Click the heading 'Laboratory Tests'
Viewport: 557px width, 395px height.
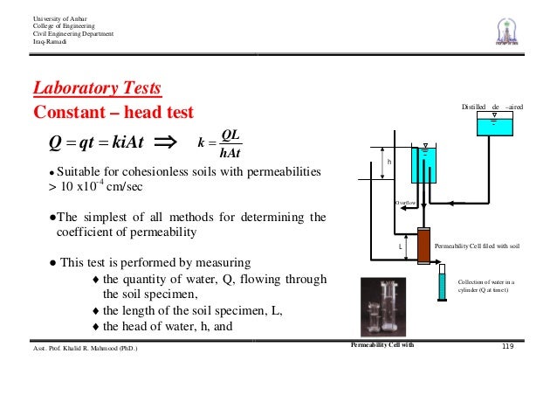point(96,89)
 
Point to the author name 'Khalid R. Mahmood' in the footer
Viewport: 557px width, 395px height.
point(90,350)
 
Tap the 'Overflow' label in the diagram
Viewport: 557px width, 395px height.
point(405,203)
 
